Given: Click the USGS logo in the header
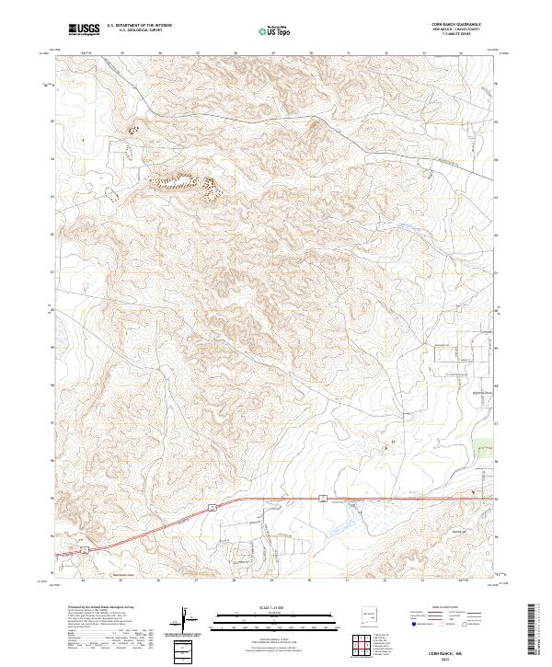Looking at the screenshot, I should point(85,30).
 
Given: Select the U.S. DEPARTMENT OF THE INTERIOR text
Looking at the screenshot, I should point(139,27).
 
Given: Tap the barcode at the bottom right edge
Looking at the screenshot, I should point(532,633).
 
